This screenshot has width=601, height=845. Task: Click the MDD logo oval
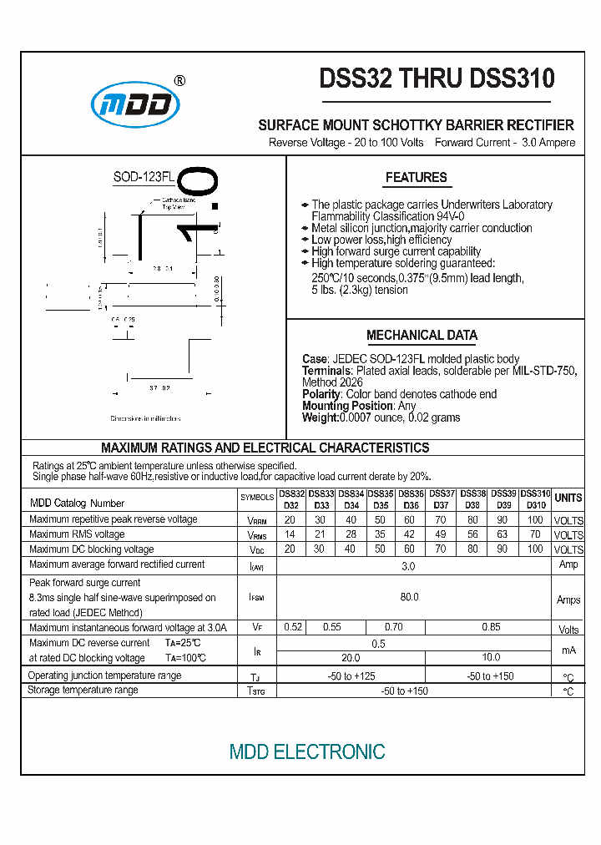(x=135, y=104)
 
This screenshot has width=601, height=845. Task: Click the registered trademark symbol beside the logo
(x=179, y=81)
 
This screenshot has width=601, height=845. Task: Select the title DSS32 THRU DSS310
(x=437, y=78)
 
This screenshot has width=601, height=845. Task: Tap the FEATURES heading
(x=416, y=177)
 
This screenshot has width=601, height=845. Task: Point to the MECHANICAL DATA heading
(x=422, y=336)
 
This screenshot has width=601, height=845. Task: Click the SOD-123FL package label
(x=144, y=178)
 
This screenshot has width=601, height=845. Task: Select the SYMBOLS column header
(x=257, y=498)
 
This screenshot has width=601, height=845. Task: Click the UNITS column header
(x=568, y=498)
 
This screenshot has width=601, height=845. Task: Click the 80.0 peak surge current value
(x=409, y=597)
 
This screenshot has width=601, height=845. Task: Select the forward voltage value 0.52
(x=293, y=627)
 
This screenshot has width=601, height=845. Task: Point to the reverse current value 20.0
(x=350, y=658)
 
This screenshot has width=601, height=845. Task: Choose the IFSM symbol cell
(x=257, y=598)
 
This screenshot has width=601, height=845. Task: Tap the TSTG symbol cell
(x=257, y=691)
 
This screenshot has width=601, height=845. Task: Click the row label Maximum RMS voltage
(x=77, y=534)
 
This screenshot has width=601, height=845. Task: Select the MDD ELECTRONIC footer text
(x=307, y=752)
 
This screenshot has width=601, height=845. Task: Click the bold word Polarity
(x=321, y=394)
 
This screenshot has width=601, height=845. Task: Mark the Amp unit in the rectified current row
(x=568, y=565)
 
